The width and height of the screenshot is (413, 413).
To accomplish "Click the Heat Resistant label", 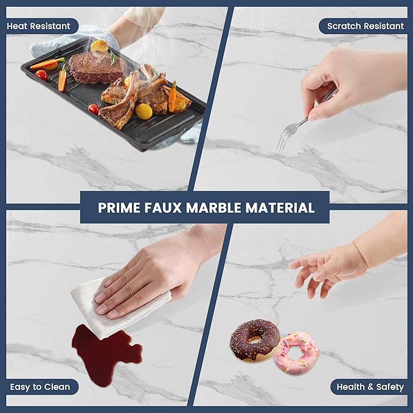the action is point(39,26).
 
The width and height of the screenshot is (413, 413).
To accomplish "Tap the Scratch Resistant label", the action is point(365,26).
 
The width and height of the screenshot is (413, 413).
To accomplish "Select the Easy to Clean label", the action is point(40,387).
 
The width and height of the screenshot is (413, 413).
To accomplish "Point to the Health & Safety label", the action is point(370,387).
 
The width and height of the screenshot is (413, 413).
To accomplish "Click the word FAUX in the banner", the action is point(163,207).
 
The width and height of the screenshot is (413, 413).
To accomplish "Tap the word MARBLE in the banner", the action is point(213,207).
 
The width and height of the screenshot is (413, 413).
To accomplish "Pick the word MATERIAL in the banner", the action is point(280,207).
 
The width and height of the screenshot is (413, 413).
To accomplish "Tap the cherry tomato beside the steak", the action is point(41,75).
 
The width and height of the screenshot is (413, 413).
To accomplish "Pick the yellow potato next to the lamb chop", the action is point(144,111).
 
